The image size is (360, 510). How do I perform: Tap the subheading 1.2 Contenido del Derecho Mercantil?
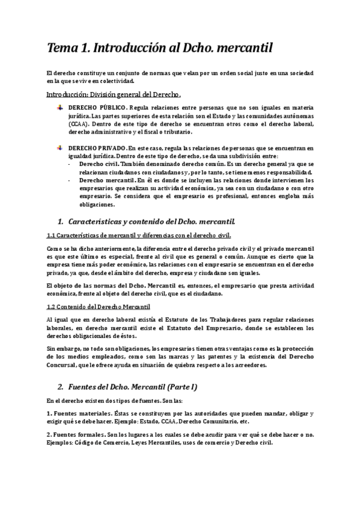[98, 307]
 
